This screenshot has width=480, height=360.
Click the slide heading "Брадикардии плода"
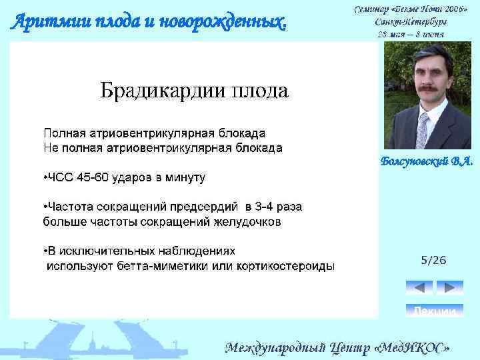[194, 90]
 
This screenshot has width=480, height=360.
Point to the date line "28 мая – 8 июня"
[411, 33]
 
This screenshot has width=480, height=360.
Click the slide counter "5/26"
[433, 260]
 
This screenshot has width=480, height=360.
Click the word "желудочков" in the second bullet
[247, 221]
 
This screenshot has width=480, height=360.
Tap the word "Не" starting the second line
[50, 147]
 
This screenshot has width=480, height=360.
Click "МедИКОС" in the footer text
[413, 348]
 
